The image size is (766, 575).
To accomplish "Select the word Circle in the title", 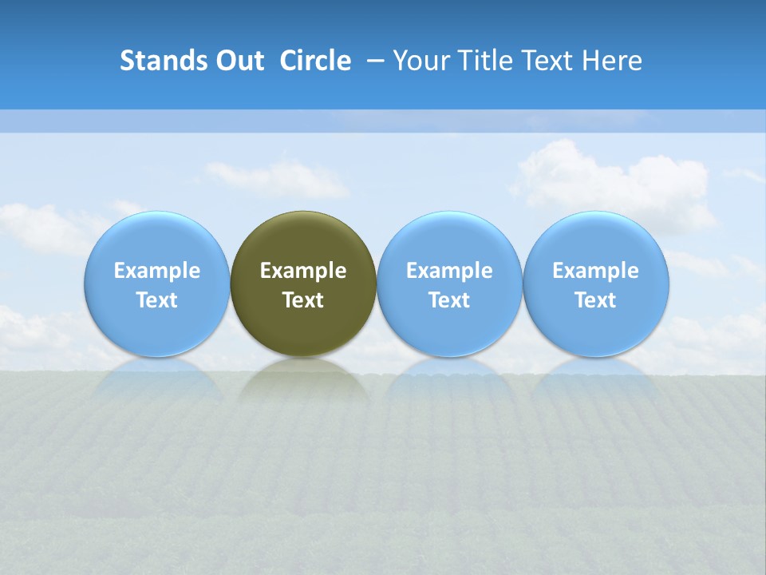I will pyautogui.click(x=315, y=61).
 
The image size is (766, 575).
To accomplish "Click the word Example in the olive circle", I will pyautogui.click(x=303, y=271).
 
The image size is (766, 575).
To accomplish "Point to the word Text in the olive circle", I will pyautogui.click(x=303, y=300).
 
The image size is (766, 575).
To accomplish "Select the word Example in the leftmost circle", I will pyautogui.click(x=157, y=271).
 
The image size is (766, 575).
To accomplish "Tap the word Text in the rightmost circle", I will pyautogui.click(x=596, y=300).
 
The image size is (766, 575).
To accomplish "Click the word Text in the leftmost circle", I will pyautogui.click(x=157, y=300).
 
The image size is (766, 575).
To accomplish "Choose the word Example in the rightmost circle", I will pyautogui.click(x=596, y=271).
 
